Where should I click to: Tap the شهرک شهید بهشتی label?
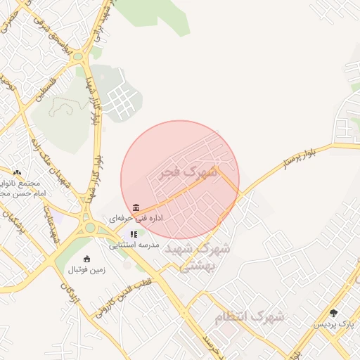click(203, 257)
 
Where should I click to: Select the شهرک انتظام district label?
click(250, 317)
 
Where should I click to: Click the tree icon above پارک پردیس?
click(333, 313)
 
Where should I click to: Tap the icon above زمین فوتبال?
click(86, 259)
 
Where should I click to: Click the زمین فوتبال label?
click(86, 270)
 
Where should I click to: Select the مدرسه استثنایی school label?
click(134, 245)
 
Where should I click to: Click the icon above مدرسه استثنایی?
click(134, 235)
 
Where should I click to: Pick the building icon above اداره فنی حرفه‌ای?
click(135, 208)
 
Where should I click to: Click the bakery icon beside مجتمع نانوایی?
click(17, 172)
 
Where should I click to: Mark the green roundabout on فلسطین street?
click(78, 57)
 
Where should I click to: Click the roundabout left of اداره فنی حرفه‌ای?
click(90, 226)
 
